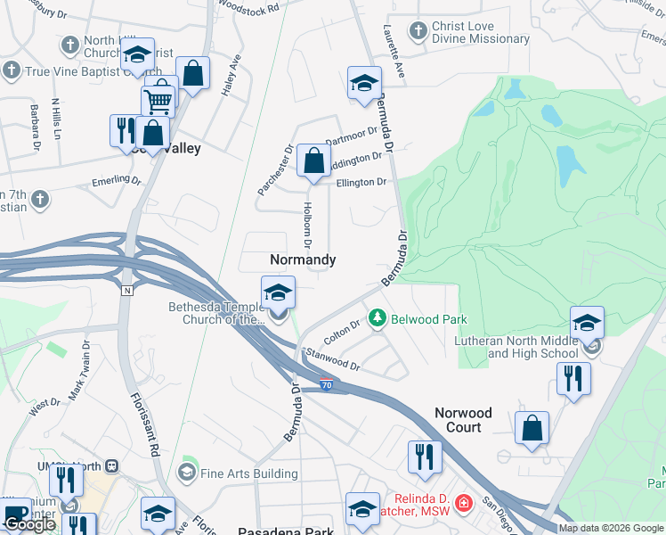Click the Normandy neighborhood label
click(303, 259)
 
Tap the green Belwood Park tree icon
click(378, 317)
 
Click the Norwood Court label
click(463, 420)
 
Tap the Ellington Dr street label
click(361, 182)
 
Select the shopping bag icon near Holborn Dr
click(313, 162)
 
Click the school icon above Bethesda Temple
click(278, 292)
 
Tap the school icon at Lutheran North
click(587, 323)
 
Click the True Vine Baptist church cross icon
click(12, 70)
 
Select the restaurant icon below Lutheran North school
click(573, 378)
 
